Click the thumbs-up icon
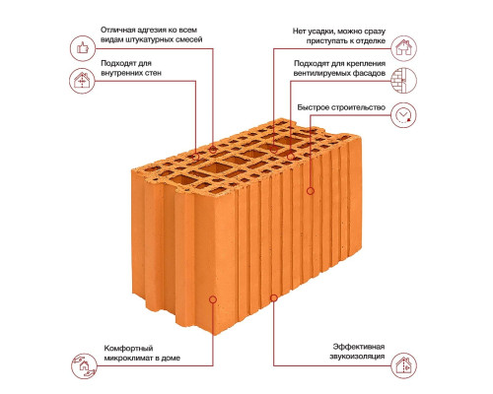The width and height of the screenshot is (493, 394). (x=83, y=48)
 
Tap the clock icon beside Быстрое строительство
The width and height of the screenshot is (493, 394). (x=403, y=115)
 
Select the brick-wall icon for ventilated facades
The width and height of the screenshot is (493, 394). (x=403, y=81)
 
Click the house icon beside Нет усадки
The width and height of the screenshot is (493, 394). (x=403, y=48)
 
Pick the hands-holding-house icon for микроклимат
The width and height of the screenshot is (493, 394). (x=84, y=365)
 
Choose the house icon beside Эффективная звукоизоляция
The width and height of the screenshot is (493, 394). (x=403, y=365)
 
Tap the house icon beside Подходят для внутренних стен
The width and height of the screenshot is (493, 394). (x=82, y=81)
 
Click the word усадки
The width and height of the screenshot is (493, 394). (x=321, y=32)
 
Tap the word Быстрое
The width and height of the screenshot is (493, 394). (x=313, y=107)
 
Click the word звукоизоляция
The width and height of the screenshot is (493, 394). (x=357, y=357)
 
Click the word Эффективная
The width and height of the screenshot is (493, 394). (x=359, y=347)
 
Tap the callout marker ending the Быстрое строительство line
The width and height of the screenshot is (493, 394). (x=311, y=191)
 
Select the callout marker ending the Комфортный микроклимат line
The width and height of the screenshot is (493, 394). (x=213, y=299)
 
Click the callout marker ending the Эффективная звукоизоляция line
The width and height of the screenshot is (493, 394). (x=274, y=297)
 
